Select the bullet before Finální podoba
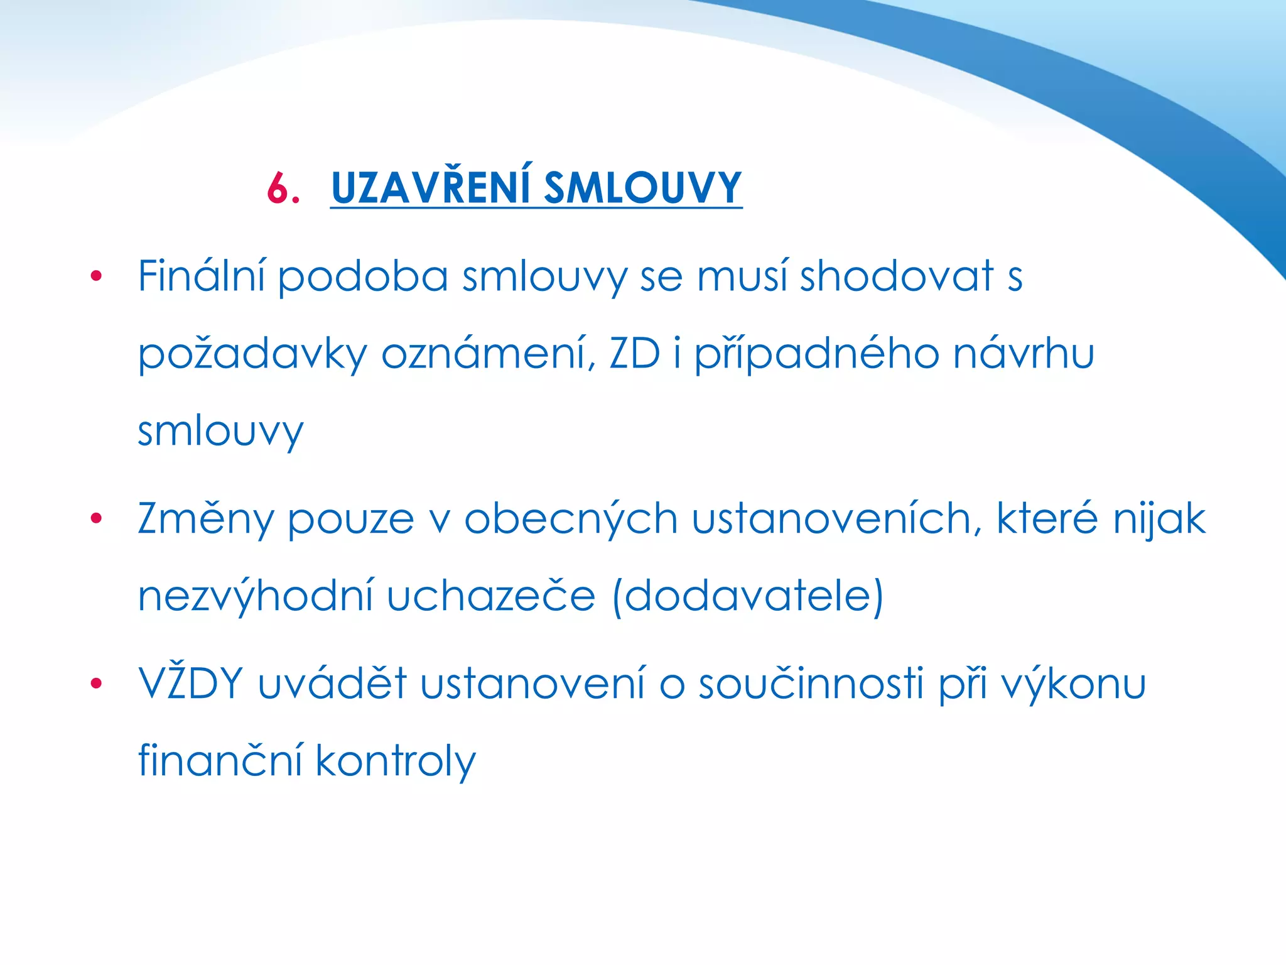[96, 276]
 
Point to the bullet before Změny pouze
[96, 518]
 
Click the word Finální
[201, 276]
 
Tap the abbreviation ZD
[634, 354]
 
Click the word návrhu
[1024, 354]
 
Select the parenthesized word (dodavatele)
[748, 596]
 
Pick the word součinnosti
[811, 684]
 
